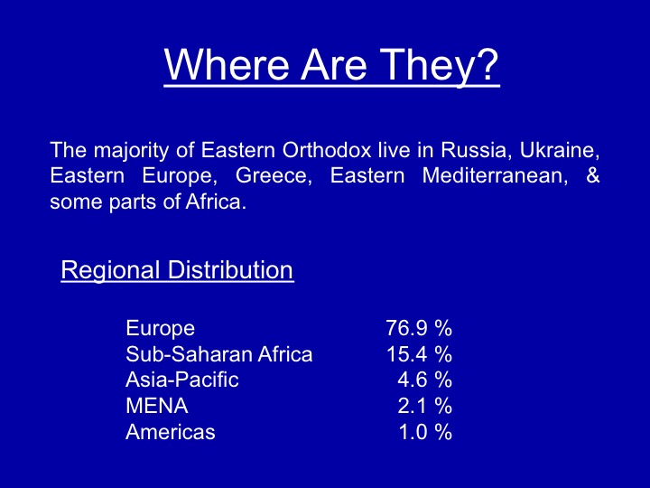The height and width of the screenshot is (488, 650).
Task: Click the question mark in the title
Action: pyautogui.click(x=487, y=64)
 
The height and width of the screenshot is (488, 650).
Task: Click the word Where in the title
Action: pyautogui.click(x=227, y=64)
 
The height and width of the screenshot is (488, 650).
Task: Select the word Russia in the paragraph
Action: pyautogui.click(x=473, y=150)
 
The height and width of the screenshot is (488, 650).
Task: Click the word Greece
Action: pyautogui.click(x=274, y=175)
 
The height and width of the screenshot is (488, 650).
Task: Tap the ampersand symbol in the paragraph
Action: pyautogui.click(x=593, y=174)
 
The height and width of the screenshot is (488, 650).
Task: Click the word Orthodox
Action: pyautogui.click(x=327, y=149)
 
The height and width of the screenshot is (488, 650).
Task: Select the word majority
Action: pyautogui.click(x=131, y=151)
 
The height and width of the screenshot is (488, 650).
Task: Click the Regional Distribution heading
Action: pyautogui.click(x=177, y=271)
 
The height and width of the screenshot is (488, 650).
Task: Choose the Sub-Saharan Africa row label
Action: pyautogui.click(x=218, y=354)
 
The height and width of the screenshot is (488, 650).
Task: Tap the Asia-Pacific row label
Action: pyautogui.click(x=182, y=380)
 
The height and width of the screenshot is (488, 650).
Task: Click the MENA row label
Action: pyautogui.click(x=157, y=406)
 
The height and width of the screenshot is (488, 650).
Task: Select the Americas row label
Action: pyautogui.click(x=171, y=432)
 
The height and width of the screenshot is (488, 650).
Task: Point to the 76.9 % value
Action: pyautogui.click(x=419, y=328)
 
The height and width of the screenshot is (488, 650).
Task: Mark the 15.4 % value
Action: pyautogui.click(x=419, y=354)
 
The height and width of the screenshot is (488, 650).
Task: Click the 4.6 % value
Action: pyautogui.click(x=425, y=380)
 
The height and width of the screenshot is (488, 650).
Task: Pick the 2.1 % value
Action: pyautogui.click(x=425, y=406)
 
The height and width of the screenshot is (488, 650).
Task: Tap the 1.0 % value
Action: pyautogui.click(x=425, y=432)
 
